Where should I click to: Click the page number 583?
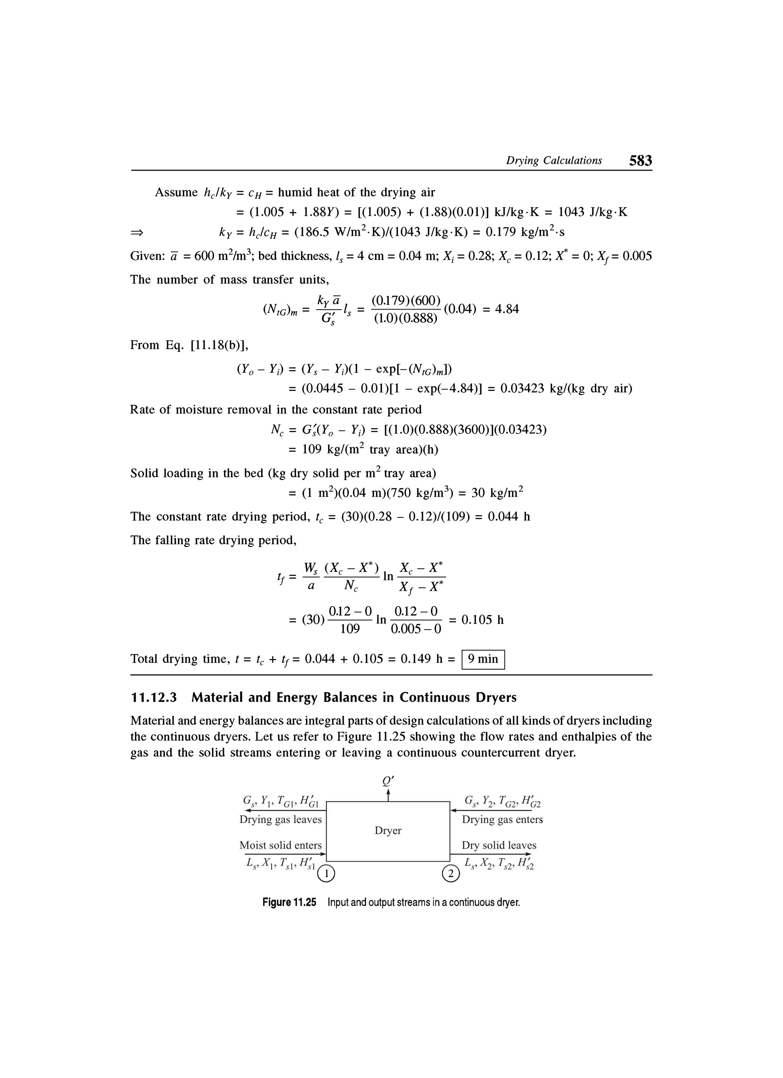(640, 161)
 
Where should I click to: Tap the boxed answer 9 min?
(483, 659)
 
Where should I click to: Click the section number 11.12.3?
(153, 697)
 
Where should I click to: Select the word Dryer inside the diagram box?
(388, 830)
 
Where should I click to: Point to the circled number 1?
(327, 873)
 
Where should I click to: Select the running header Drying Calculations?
(554, 161)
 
